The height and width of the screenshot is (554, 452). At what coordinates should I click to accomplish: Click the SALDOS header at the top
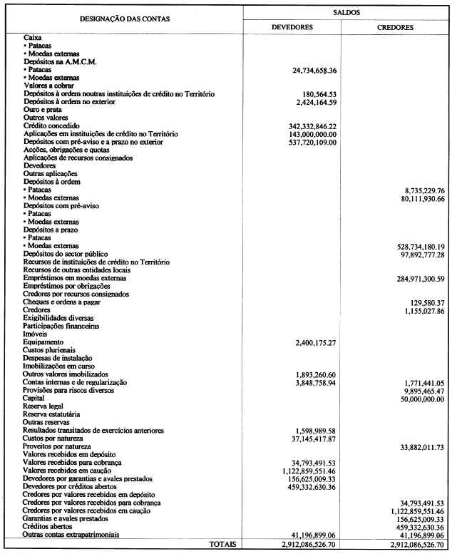click(x=345, y=13)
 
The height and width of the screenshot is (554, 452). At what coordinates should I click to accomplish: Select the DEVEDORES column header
click(x=293, y=27)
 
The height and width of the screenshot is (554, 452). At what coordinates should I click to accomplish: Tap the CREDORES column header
click(x=394, y=27)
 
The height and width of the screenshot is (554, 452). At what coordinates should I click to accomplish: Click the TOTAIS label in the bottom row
click(x=222, y=543)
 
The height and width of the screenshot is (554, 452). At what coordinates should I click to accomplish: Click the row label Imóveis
click(x=36, y=334)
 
